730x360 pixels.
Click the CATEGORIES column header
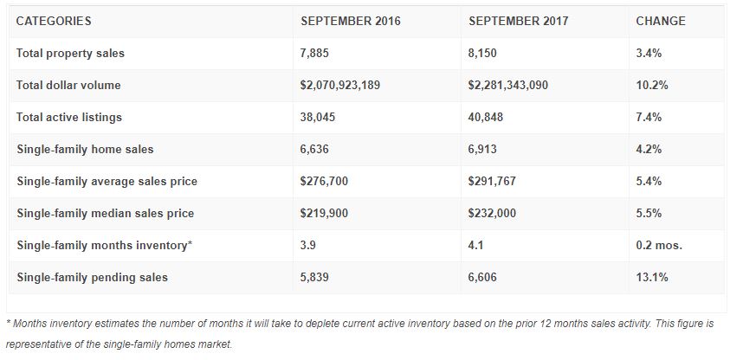coord(54,21)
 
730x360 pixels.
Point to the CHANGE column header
coord(660,21)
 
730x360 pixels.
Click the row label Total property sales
coord(70,54)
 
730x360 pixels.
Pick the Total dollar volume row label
coord(68,86)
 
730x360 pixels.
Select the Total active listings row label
coord(69,118)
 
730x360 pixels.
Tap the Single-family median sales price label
coord(105,213)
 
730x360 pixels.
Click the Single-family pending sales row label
coord(92,277)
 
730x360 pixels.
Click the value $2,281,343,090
coord(508,86)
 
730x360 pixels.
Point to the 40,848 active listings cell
coord(485,118)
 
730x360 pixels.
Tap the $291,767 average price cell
coord(491,181)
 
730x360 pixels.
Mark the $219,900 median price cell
coord(323,213)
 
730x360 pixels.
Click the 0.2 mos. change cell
coord(659,245)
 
